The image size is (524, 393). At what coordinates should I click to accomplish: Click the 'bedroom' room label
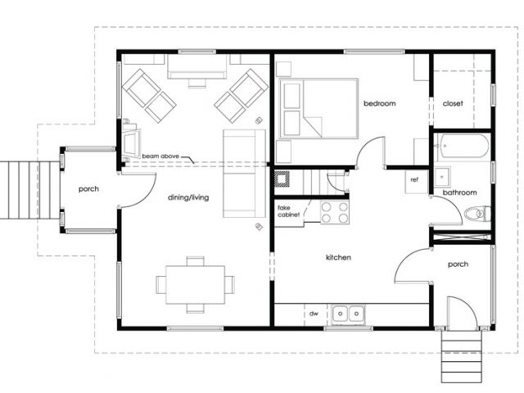pos(380,103)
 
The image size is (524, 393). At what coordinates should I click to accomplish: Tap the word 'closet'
pos(453,104)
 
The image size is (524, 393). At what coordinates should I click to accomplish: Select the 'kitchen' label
pos(338,257)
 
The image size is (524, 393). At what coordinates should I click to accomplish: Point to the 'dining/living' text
pos(188,197)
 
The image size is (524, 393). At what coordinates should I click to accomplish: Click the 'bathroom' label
pos(459,192)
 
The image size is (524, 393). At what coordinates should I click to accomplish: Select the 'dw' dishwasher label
pos(314,314)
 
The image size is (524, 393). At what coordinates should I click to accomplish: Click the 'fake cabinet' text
pos(288,211)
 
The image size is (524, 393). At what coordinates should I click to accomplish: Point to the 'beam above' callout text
pos(160,156)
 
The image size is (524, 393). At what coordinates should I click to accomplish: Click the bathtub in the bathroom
pos(462,146)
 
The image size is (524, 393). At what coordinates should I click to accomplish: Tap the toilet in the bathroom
pos(477,214)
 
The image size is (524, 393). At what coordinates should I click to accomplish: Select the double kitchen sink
pos(348,314)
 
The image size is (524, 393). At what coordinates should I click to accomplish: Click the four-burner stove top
pos(335,212)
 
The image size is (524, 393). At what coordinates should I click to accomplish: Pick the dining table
pos(195,285)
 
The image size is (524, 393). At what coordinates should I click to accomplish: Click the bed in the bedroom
pos(318,108)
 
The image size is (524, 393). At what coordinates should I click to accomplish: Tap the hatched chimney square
pos(282,178)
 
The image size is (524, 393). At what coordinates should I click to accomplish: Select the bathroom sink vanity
pos(443,176)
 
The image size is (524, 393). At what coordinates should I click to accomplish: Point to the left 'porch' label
pos(88,189)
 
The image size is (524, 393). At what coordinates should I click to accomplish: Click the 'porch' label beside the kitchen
pos(458,264)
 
